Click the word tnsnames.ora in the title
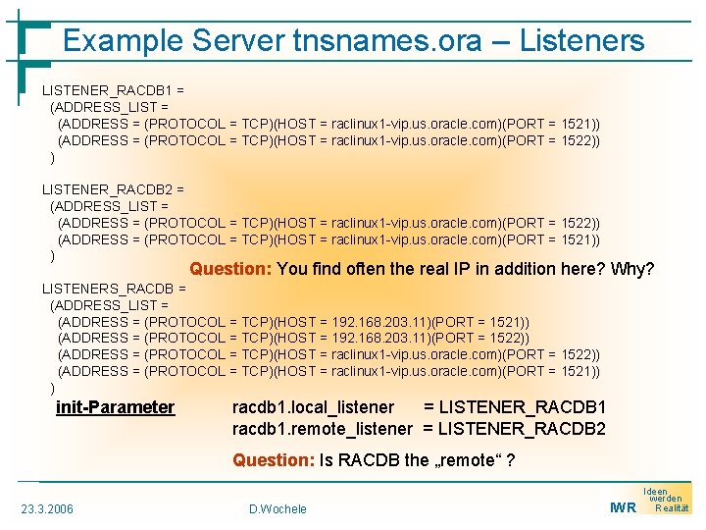click(386, 41)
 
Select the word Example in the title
click(124, 41)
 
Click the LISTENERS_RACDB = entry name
click(113, 289)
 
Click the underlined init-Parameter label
click(115, 407)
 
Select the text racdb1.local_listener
click(313, 407)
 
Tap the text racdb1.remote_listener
click(322, 429)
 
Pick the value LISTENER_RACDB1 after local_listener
click(522, 407)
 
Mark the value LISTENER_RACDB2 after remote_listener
click(522, 429)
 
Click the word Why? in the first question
click(632, 269)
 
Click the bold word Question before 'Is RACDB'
click(274, 460)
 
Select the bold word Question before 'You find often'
click(231, 269)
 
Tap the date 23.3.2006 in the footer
click(46, 508)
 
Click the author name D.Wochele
click(277, 508)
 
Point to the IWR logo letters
click(622, 507)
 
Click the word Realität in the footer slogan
click(672, 507)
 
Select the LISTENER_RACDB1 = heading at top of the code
click(112, 90)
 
